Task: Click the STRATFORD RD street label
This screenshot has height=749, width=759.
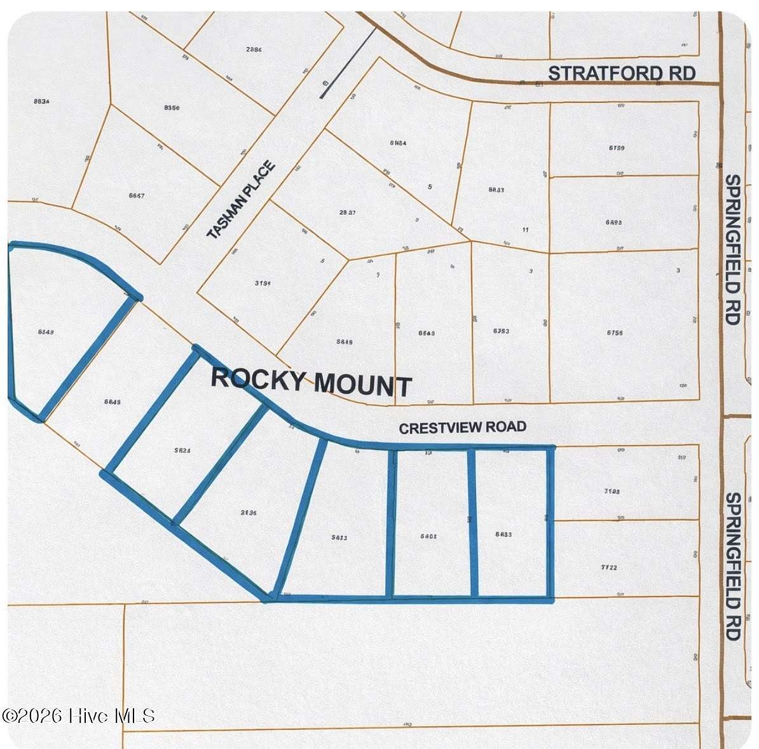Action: click(621, 73)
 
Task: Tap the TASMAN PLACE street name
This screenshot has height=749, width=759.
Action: click(242, 200)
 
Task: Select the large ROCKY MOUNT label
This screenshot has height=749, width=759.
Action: click(311, 381)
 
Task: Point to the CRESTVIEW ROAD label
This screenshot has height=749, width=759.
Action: click(462, 427)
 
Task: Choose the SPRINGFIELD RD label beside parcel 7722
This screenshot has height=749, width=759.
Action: click(733, 566)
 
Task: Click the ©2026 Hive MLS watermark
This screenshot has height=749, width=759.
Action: click(78, 716)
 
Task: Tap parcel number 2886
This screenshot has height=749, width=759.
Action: click(254, 49)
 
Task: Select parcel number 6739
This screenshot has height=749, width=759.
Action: click(616, 148)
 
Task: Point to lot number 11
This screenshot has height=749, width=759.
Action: click(525, 230)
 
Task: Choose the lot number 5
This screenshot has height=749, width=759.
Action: click(430, 187)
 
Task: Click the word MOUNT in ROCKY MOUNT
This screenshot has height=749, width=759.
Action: click(363, 385)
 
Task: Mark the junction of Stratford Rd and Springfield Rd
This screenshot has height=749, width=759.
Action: click(721, 83)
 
